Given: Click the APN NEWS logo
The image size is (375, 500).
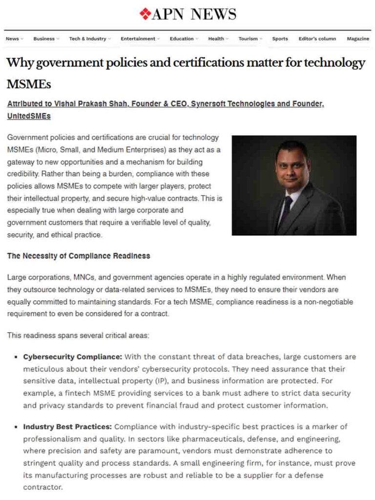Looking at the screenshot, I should pos(187,14).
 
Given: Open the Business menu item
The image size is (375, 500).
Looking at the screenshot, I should pos(44,39).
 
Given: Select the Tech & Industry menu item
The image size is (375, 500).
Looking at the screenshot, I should pos(88,39).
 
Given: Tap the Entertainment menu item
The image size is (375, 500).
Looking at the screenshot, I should pos(138,39).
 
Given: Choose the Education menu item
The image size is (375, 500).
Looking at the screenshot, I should pos(181,39).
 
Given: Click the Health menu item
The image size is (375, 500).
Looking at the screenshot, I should pos(216,39).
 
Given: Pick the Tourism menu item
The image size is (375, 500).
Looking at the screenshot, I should pos(248,39).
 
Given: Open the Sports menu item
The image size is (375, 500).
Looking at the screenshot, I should pos(280,39).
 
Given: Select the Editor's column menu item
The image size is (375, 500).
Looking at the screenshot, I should pos(317,39).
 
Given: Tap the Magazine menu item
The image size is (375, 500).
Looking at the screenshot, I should pos(358,39).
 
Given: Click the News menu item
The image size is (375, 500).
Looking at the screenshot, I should pos(13,39).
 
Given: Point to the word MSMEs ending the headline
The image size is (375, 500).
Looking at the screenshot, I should pos(29,84).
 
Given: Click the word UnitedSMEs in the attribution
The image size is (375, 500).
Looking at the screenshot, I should pos(29,116).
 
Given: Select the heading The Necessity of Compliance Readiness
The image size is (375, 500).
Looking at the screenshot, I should pos(79,256).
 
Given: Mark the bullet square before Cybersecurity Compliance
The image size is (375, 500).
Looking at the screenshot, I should pos(17,357).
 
